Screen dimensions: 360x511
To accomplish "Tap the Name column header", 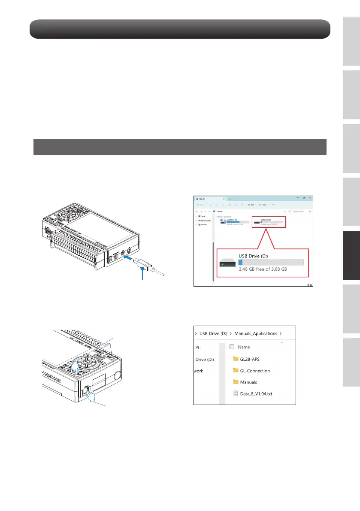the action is tap(244, 347).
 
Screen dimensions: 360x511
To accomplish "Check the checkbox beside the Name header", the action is tap(232, 347).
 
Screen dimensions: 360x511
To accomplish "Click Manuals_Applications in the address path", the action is tap(255, 333).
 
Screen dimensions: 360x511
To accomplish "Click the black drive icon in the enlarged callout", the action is tap(227, 263).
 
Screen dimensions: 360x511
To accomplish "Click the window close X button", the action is tap(310, 198).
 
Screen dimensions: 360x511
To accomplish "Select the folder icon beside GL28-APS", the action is tap(235, 359).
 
